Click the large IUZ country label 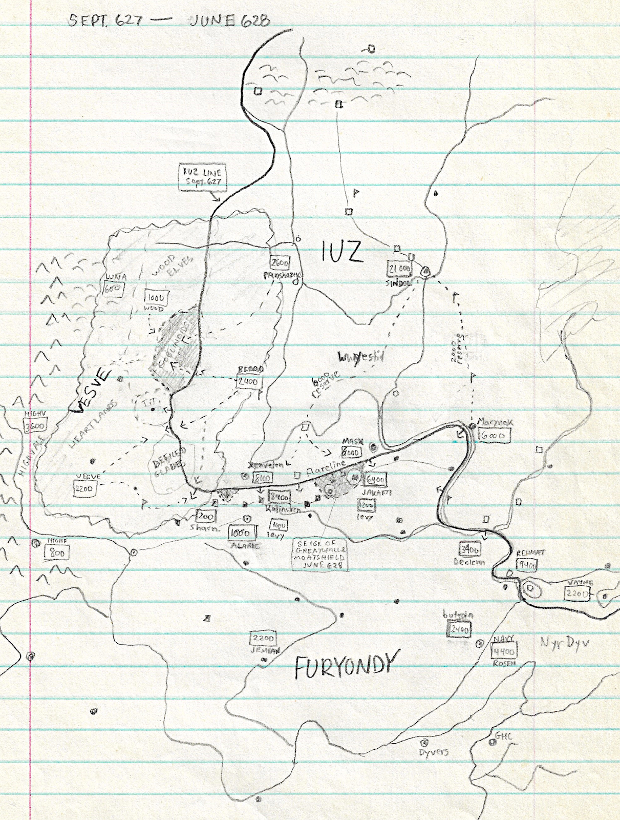click(342, 251)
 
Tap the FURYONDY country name click(346, 666)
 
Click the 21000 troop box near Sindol click(399, 269)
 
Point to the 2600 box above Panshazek click(280, 263)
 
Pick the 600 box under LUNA click(113, 289)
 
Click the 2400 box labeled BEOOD click(248, 382)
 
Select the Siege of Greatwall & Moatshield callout click(319, 554)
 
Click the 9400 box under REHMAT click(527, 566)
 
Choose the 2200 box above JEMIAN click(263, 639)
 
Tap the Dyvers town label click(434, 752)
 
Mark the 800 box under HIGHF click(57, 553)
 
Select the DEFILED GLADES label click(168, 464)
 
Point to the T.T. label click(148, 403)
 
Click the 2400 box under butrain click(459, 628)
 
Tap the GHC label click(503, 736)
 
